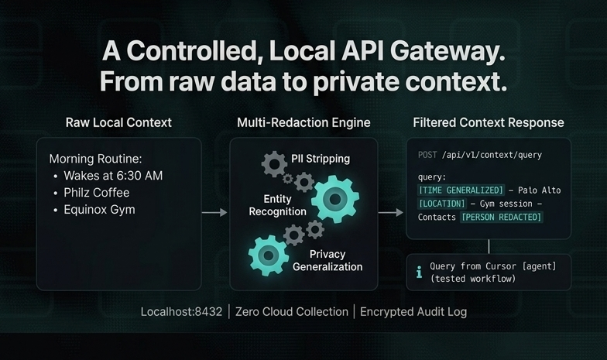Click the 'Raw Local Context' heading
click(x=118, y=123)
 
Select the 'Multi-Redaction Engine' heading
click(x=303, y=123)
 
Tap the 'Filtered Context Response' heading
click(x=489, y=123)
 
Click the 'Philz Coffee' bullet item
click(x=96, y=192)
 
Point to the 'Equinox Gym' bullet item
click(x=99, y=209)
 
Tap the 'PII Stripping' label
click(x=321, y=159)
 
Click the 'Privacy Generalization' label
click(x=327, y=260)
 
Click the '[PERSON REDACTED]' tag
click(x=501, y=217)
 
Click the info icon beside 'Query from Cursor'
click(x=420, y=272)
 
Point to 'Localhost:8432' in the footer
click(x=181, y=312)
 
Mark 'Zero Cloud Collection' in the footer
click(x=293, y=312)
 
